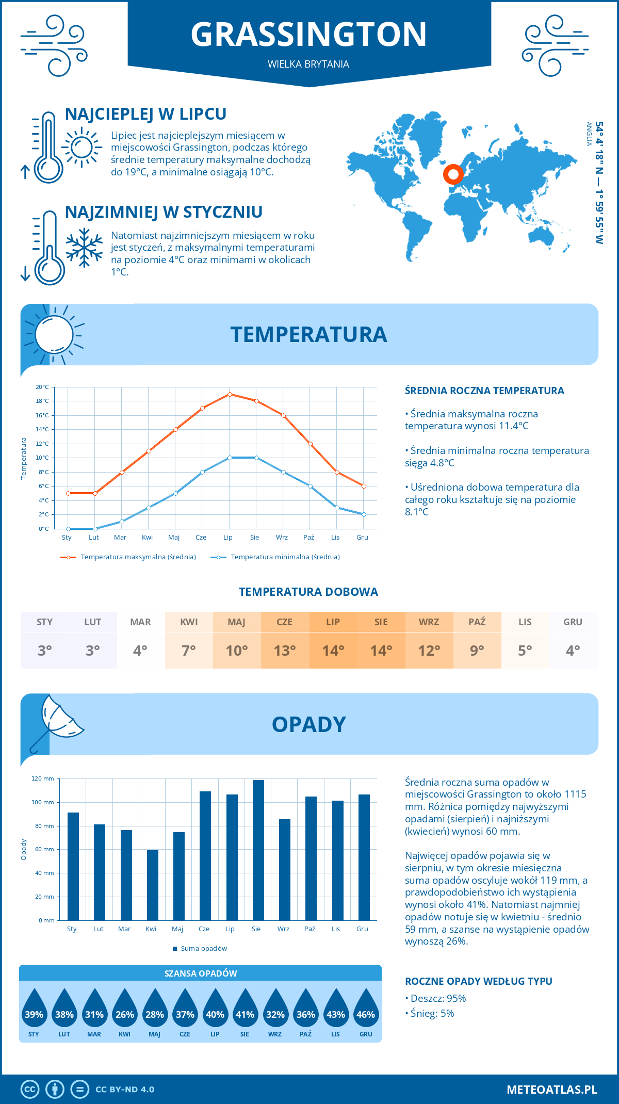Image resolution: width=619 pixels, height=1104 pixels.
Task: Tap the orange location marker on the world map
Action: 453,174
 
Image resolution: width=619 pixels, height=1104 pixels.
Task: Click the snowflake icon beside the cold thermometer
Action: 84,248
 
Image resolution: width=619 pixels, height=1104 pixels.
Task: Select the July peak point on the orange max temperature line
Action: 230,394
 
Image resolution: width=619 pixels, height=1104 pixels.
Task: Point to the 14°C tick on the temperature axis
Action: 42,429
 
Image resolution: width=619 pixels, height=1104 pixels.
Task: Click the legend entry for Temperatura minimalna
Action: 275,557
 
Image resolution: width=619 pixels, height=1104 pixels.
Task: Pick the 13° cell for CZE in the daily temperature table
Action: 285,651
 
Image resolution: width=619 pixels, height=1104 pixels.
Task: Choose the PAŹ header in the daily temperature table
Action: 477,622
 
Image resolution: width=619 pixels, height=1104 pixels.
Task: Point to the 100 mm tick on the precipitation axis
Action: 42,802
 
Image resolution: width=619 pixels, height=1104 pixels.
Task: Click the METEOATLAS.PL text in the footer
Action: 551,1090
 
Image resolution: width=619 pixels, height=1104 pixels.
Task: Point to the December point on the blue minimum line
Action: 364,514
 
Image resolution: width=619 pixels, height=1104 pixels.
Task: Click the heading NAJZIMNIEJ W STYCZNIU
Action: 164,212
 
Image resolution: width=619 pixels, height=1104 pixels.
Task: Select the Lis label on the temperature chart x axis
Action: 335,538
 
